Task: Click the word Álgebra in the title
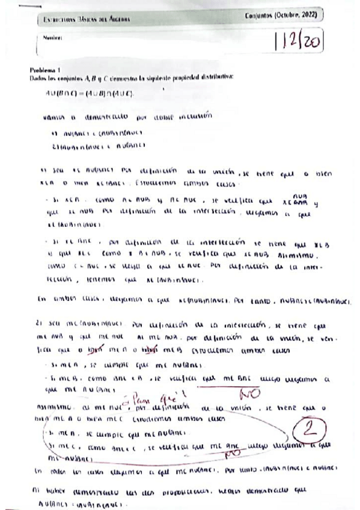(x=118, y=20)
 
